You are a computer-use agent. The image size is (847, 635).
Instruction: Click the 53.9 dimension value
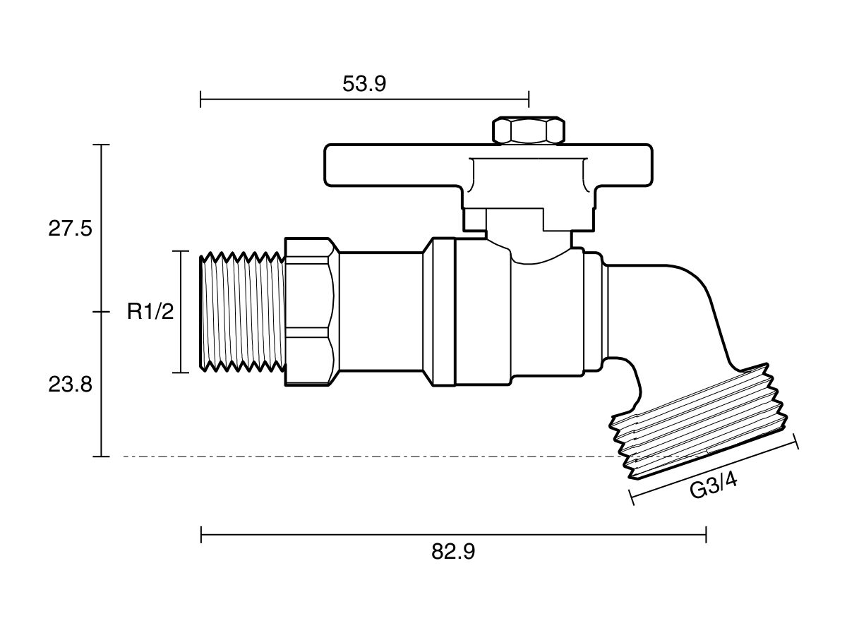point(364,84)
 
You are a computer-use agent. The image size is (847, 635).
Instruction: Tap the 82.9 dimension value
point(453,552)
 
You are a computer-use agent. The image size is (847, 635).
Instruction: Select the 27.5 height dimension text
point(70,229)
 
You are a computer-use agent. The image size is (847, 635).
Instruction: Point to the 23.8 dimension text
point(70,385)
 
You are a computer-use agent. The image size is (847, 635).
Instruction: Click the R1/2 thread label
point(150,312)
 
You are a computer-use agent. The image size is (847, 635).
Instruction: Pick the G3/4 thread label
point(713,487)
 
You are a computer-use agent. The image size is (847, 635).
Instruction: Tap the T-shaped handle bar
point(488,166)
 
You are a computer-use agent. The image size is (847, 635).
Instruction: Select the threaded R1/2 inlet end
point(242,312)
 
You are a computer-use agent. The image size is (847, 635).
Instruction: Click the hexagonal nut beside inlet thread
point(312,312)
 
